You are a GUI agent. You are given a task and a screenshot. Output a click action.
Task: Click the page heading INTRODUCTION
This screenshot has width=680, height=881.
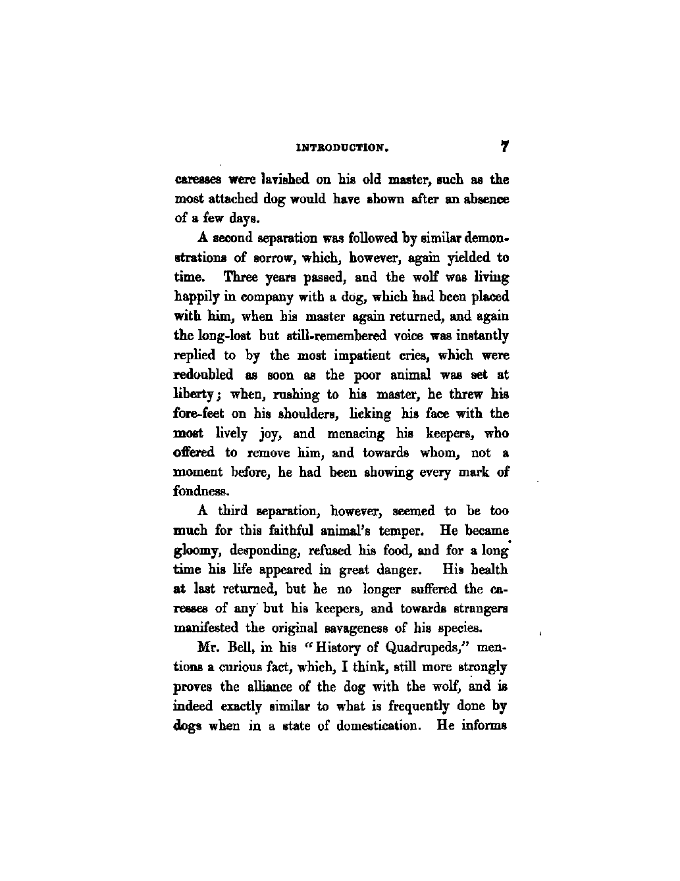pos(341,149)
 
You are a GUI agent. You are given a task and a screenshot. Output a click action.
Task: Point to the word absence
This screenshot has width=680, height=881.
pos(484,198)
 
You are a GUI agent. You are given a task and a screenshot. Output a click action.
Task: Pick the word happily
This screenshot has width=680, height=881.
pos(196,297)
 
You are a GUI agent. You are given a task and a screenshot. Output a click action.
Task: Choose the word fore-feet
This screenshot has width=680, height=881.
pos(198,414)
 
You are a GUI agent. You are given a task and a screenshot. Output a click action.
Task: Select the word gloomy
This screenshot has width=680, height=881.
pos(196,550)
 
